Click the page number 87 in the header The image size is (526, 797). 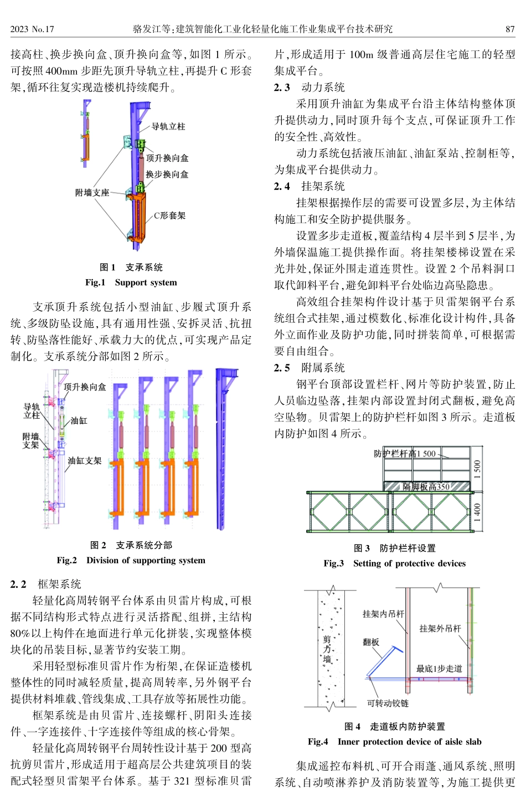point(510,29)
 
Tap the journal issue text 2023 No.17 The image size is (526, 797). point(32,29)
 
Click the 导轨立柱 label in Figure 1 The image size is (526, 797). point(168,127)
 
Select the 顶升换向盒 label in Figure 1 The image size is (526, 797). point(167,158)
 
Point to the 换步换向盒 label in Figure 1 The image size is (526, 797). point(167,174)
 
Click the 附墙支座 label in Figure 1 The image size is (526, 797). point(92,193)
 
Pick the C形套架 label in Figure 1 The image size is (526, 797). point(169,215)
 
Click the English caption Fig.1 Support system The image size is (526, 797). point(131,282)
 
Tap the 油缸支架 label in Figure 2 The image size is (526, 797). point(85,461)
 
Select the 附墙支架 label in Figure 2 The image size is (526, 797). point(31,441)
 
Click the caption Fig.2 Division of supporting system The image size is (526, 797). point(131,561)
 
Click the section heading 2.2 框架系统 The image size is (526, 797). point(46,584)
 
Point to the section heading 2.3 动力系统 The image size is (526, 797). point(310,88)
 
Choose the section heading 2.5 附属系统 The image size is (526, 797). point(310,368)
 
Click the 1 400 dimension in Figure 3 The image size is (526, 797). point(477,513)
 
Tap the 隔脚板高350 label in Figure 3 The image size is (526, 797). point(426,487)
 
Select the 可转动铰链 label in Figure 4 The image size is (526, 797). point(388,703)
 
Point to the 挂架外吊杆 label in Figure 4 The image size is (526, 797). point(440,629)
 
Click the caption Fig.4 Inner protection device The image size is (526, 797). point(394,742)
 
